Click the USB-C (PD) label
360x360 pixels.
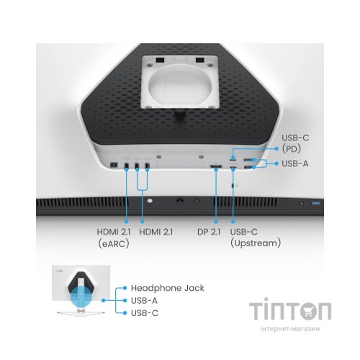coord(295,143)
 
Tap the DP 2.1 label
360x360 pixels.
coord(209,232)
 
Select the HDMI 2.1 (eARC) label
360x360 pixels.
coord(114,238)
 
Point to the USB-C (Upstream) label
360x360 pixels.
coord(256,238)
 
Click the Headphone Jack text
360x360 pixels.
coord(168,288)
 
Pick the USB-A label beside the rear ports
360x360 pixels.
coord(295,163)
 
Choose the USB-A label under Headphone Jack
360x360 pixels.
coord(144,300)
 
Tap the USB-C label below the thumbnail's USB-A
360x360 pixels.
coord(145,313)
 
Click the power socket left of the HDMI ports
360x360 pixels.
coord(114,165)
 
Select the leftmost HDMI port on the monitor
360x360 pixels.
coord(127,166)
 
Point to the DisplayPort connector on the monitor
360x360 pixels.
coord(216,166)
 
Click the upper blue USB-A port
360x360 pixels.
coord(248,159)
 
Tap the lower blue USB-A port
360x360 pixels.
coord(248,167)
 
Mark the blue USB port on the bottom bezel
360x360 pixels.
coord(315,204)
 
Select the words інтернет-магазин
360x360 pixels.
coord(290,328)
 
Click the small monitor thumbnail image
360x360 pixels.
coord(81,291)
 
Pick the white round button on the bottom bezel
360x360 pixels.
coord(150,201)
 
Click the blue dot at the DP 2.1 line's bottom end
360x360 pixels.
coord(216,221)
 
